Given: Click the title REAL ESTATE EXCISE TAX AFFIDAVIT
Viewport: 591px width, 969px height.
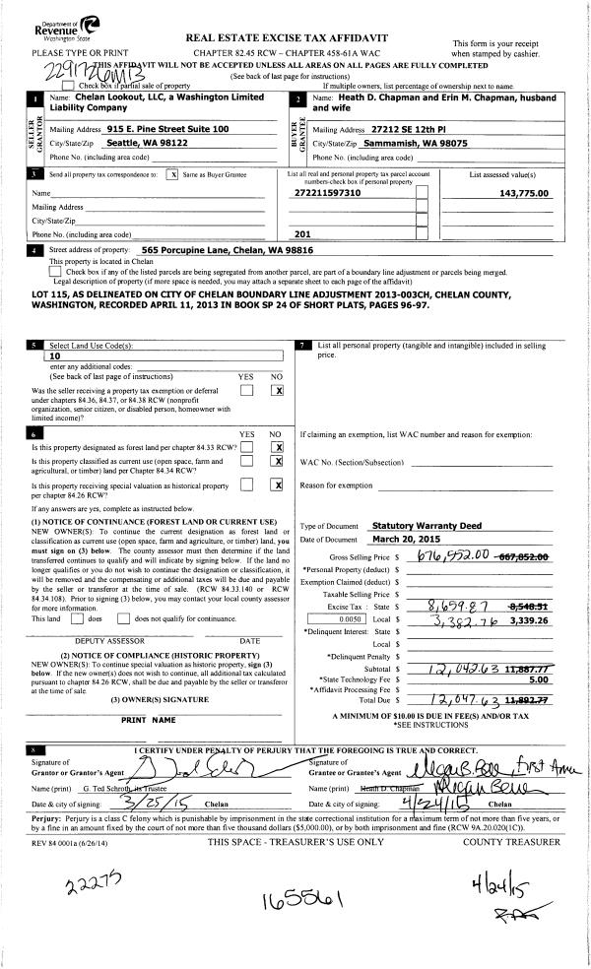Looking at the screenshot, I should (x=286, y=37).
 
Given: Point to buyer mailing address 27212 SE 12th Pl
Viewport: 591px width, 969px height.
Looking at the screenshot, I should (x=412, y=129).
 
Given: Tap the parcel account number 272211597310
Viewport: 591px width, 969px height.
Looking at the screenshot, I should (x=328, y=193).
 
